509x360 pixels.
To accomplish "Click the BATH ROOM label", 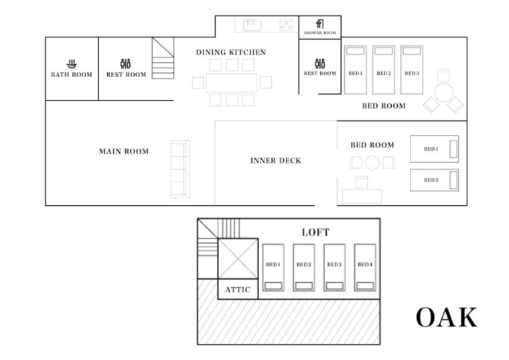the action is [x=72, y=74].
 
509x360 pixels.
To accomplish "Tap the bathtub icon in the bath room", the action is [x=72, y=64].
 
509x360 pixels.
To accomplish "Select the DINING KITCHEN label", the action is [x=231, y=52].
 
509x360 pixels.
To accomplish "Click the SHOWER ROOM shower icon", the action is [x=319, y=24].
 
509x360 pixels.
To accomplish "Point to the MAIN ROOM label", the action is [x=124, y=151].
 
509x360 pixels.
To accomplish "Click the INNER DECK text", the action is [x=276, y=160].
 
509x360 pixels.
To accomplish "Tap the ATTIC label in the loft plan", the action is [x=238, y=290].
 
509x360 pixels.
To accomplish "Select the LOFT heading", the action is [x=315, y=232].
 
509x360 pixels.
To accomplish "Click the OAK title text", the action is [x=447, y=317].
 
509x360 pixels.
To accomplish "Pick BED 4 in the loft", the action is [x=365, y=267].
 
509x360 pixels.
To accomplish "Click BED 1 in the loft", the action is [x=273, y=267].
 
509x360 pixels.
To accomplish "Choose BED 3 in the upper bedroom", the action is [x=412, y=70].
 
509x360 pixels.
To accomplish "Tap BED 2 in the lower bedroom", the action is [x=435, y=180].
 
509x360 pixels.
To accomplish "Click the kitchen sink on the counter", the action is [x=252, y=25].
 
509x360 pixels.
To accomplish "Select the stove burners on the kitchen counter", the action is [x=287, y=25].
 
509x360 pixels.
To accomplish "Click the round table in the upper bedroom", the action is [x=443, y=93].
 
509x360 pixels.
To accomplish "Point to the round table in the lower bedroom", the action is [x=372, y=163].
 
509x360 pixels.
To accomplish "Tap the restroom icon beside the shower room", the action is [x=319, y=64].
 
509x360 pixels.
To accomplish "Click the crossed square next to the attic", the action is [x=238, y=259].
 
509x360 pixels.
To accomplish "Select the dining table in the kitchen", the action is [x=232, y=82].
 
